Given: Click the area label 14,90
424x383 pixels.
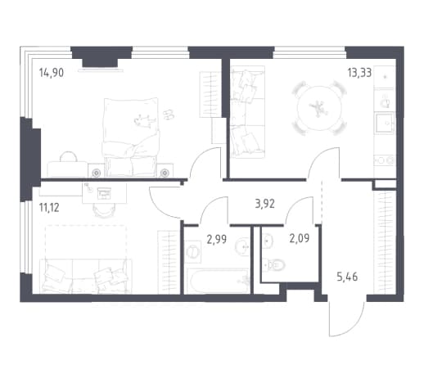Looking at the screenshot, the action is [x=52, y=73].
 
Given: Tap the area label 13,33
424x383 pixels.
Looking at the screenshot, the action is [x=359, y=73].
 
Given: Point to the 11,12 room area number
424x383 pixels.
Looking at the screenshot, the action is [x=49, y=208].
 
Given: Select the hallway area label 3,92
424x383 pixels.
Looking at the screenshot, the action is [x=264, y=204].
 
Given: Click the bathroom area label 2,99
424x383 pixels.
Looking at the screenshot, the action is [x=217, y=240].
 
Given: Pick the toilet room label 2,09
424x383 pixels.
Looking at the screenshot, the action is [x=300, y=238].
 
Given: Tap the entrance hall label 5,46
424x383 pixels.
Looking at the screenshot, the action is [x=347, y=277].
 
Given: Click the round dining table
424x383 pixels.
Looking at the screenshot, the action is [x=319, y=108].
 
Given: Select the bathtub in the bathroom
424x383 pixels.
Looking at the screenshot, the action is [x=218, y=281].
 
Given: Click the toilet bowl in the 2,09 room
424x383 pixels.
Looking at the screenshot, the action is [x=274, y=264].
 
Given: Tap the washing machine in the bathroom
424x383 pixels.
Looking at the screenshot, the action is [x=193, y=251].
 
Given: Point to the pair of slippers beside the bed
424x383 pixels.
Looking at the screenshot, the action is [x=169, y=115].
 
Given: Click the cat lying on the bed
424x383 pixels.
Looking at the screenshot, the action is [x=143, y=120].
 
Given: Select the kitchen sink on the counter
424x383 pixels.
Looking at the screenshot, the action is [x=385, y=123].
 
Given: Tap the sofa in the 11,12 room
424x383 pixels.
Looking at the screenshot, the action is [x=86, y=276].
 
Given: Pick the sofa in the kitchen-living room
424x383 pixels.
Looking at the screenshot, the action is [x=248, y=112].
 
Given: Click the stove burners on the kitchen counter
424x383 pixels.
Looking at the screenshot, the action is [x=385, y=160].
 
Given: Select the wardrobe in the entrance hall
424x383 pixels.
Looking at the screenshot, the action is [x=385, y=242].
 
